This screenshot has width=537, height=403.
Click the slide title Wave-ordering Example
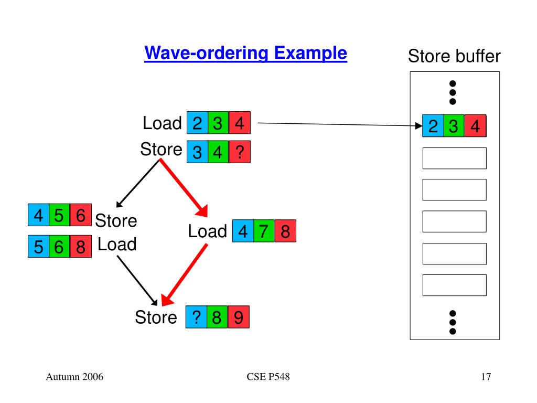(245, 54)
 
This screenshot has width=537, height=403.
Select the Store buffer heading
(454, 56)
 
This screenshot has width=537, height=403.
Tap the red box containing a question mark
(240, 152)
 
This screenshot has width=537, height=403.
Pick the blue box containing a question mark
(196, 317)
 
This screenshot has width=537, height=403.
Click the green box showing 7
(264, 231)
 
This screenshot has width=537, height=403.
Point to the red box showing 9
(239, 317)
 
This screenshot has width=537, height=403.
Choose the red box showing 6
(80, 215)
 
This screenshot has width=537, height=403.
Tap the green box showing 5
(59, 215)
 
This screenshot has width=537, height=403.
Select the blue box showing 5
(38, 247)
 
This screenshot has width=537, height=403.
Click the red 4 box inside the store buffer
(475, 126)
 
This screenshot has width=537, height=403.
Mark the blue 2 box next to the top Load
(197, 123)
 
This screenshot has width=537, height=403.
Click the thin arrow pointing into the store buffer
(340, 124)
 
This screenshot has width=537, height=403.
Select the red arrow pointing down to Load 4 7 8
(184, 188)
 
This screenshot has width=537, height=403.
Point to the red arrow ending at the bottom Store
(184, 274)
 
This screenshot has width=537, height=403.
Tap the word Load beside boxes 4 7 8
(208, 231)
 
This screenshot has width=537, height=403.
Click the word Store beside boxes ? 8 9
(156, 317)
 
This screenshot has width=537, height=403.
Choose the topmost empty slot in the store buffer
(455, 158)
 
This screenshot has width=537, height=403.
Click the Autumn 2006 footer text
(74, 377)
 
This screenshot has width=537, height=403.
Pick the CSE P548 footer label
(268, 377)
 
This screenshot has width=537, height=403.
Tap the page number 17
(486, 377)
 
